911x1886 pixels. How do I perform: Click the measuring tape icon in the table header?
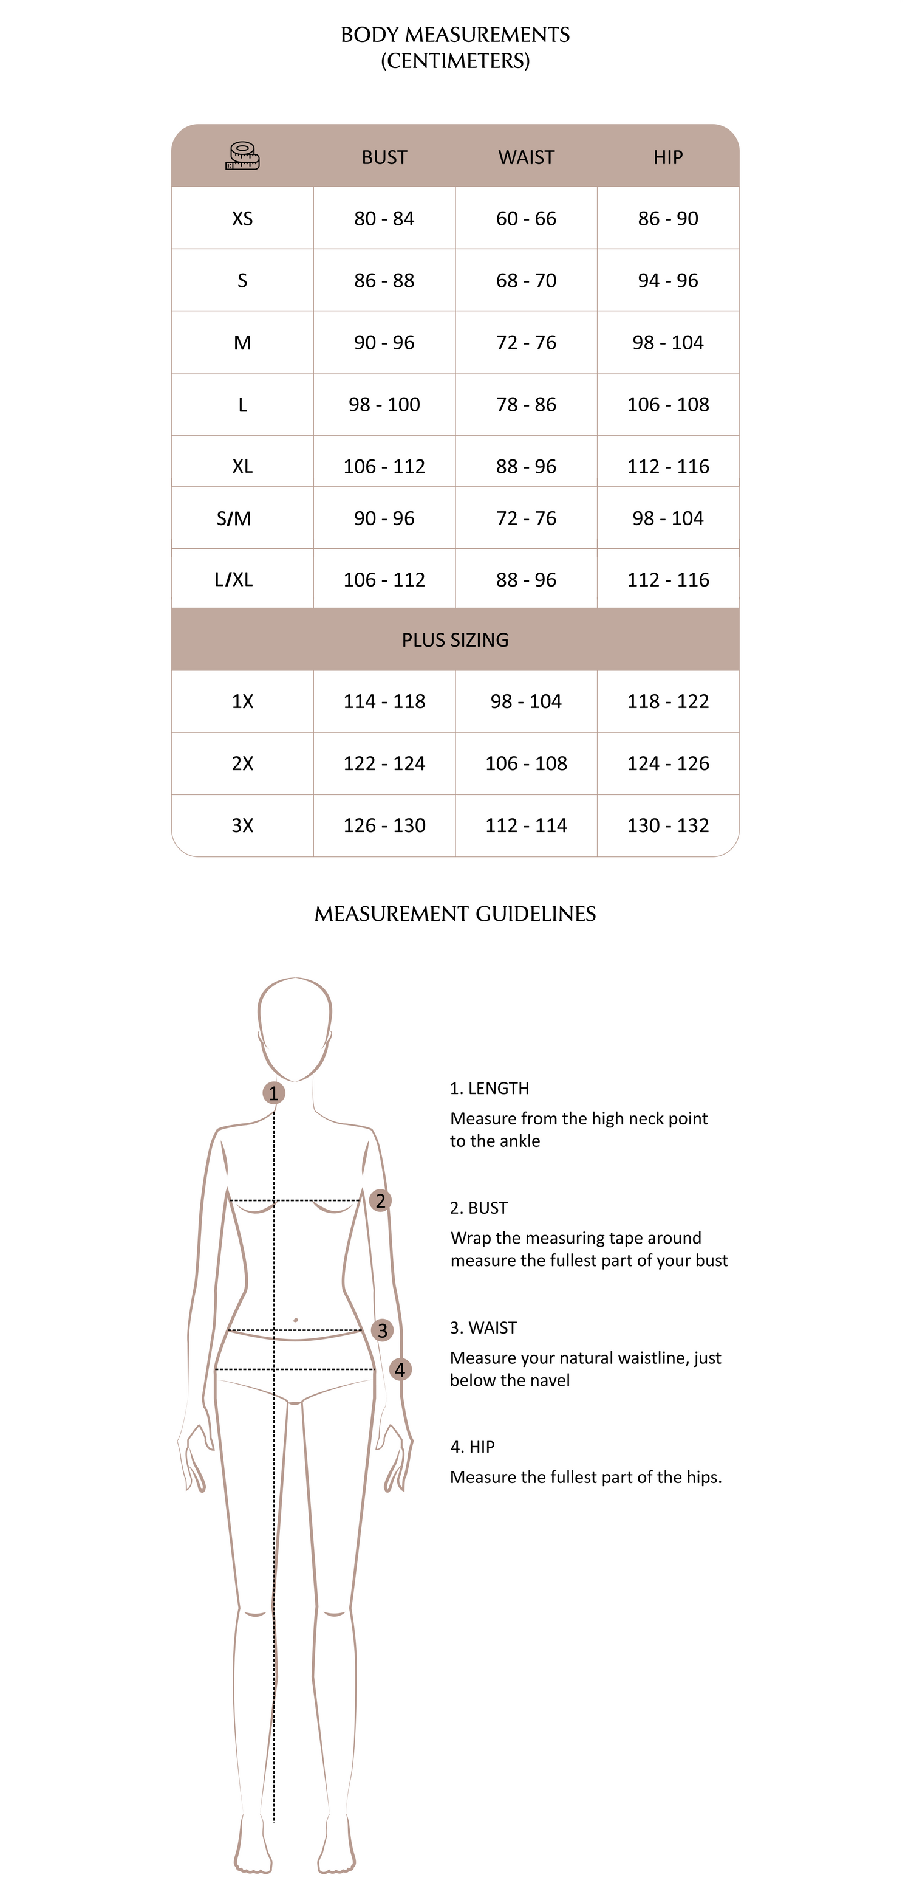click(242, 156)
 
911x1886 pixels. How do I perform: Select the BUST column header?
click(384, 157)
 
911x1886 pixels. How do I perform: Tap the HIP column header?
click(667, 157)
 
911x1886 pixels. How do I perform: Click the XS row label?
click(242, 219)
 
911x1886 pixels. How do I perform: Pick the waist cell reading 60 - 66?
click(526, 219)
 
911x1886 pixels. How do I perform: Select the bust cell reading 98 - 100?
click(384, 405)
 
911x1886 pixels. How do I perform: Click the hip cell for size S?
click(667, 280)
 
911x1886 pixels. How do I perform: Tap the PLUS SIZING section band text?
click(455, 640)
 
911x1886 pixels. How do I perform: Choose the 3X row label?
click(242, 826)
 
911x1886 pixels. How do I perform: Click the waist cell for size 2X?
click(526, 763)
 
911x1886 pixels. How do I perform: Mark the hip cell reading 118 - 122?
click(667, 701)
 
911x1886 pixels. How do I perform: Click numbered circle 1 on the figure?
click(274, 1093)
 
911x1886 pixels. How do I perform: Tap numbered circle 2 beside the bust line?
click(381, 1201)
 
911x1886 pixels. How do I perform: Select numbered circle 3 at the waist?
click(382, 1330)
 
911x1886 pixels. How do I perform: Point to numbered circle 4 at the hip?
click(400, 1369)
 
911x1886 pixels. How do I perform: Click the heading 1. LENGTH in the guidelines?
click(490, 1089)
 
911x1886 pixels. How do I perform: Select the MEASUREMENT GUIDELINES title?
click(455, 914)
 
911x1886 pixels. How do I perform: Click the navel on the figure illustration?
click(295, 1320)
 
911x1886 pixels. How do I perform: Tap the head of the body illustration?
click(295, 1025)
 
